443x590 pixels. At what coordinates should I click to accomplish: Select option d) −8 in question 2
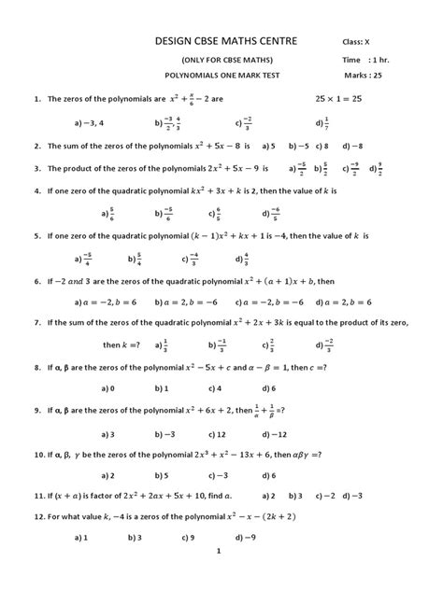tap(354, 146)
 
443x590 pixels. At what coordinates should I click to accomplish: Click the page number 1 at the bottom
tap(217, 578)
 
